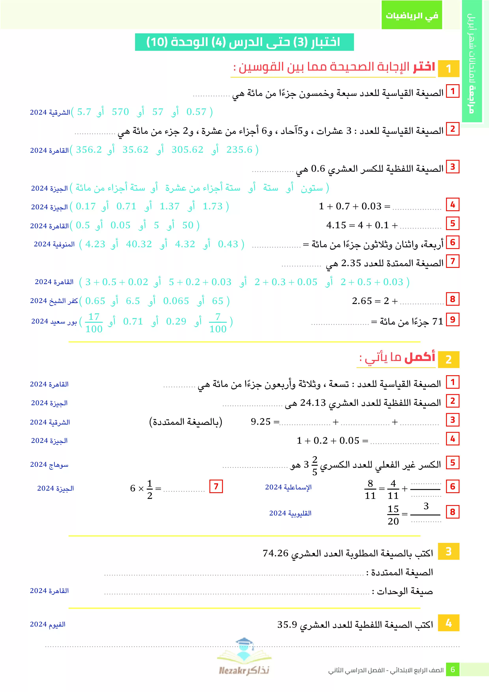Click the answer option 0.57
pyautogui.click(x=196, y=112)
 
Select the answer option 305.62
pyautogui.click(x=187, y=150)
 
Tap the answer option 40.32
pyautogui.click(x=139, y=244)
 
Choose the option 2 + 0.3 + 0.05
pyautogui.click(x=286, y=282)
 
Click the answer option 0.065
pyautogui.click(x=176, y=301)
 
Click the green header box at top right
pyautogui.click(x=412, y=15)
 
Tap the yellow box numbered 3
pyautogui.click(x=448, y=551)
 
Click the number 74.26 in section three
pyautogui.click(x=275, y=553)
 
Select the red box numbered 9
pyautogui.click(x=452, y=320)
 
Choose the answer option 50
pyautogui.click(x=188, y=225)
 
